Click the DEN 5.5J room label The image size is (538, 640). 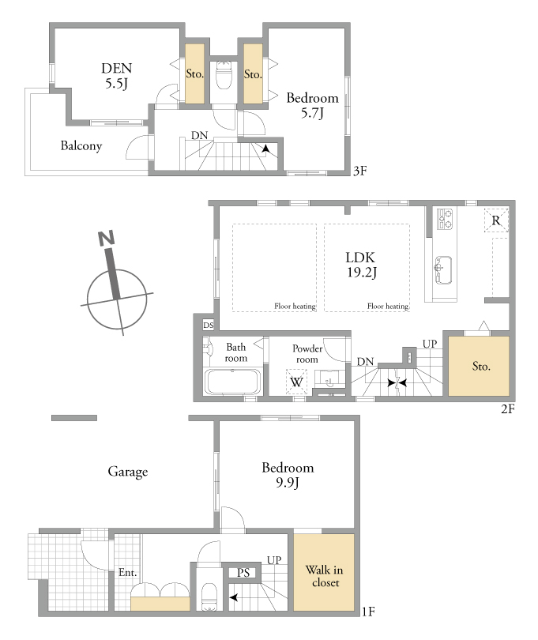(x=117, y=76)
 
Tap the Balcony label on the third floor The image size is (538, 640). (x=81, y=145)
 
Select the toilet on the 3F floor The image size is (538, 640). (x=224, y=75)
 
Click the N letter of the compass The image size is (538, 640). (x=106, y=238)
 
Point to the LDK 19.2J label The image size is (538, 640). (x=361, y=265)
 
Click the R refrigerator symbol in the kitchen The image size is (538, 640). (x=496, y=220)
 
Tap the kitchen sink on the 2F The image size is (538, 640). (x=443, y=269)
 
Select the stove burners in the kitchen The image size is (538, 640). (x=445, y=219)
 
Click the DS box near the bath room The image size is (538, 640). (x=209, y=326)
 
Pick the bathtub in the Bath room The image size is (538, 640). (x=233, y=382)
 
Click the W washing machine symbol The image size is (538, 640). (x=296, y=382)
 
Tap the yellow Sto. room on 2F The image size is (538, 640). (x=479, y=366)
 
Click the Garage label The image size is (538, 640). (x=128, y=472)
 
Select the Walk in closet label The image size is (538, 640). (x=325, y=576)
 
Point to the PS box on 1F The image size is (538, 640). (x=243, y=573)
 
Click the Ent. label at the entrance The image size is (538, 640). (x=128, y=572)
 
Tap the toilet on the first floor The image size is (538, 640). (x=209, y=597)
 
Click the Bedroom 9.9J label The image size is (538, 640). (x=288, y=475)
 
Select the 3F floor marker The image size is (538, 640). (x=359, y=171)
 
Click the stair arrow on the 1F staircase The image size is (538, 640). (x=234, y=597)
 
